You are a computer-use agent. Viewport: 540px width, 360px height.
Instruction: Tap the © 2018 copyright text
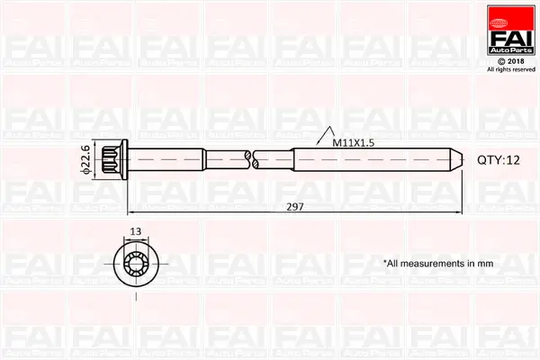[x=510, y=61]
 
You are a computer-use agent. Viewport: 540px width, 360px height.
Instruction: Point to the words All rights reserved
[x=510, y=69]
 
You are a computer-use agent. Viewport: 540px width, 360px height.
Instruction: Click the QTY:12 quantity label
[x=499, y=159]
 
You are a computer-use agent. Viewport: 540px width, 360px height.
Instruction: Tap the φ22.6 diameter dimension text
[x=85, y=158]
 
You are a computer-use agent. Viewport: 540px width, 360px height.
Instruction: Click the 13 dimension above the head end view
[x=135, y=232]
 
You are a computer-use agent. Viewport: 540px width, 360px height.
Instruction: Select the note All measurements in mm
[x=439, y=264]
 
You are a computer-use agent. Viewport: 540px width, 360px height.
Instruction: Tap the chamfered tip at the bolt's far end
[x=457, y=159]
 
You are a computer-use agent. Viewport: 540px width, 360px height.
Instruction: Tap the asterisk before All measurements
[x=385, y=262]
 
